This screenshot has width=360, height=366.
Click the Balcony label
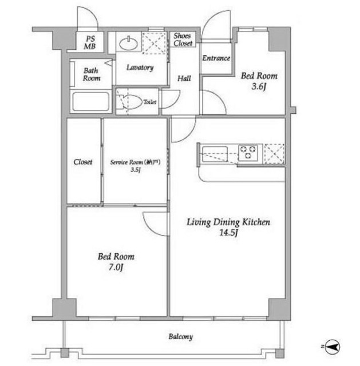(181, 337)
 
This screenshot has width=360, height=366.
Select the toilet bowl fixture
(131, 102)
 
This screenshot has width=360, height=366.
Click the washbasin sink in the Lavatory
(128, 43)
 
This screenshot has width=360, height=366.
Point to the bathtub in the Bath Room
(91, 102)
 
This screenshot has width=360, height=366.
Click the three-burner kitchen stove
(248, 153)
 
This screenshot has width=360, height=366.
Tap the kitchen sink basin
(215, 154)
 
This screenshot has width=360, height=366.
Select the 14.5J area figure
(228, 233)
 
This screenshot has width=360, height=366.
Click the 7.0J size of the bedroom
(116, 267)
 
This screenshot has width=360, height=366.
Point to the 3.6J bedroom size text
(259, 86)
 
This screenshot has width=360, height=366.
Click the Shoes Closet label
(183, 39)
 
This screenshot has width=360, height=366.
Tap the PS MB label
(90, 42)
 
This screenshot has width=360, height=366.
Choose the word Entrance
(216, 58)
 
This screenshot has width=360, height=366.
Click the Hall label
(184, 78)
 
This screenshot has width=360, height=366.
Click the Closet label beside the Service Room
(82, 162)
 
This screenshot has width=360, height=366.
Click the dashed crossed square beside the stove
(274, 154)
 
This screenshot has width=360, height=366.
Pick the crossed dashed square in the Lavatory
(154, 43)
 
